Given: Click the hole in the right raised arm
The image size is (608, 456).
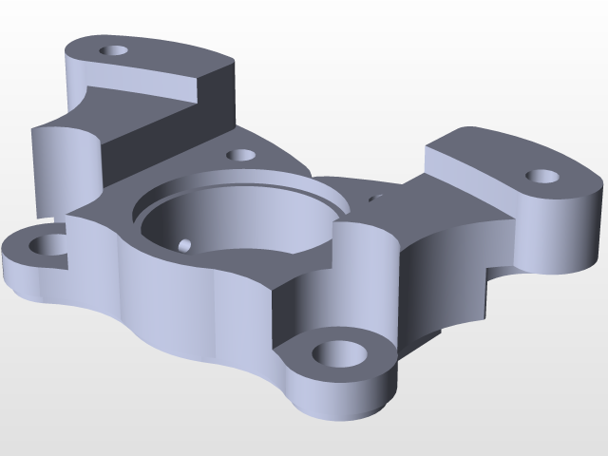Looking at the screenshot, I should pyautogui.click(x=541, y=176).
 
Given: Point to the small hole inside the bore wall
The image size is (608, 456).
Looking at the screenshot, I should pyautogui.click(x=185, y=245).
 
